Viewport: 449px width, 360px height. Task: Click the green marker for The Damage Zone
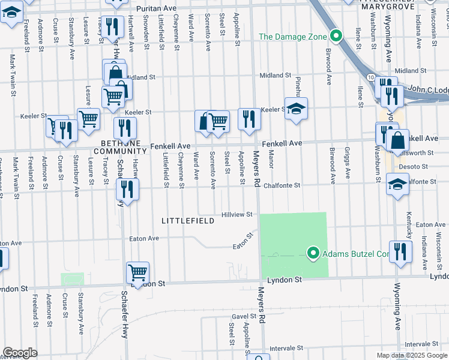pyautogui.click(x=336, y=37)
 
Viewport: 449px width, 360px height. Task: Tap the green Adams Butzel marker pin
pyautogui.click(x=312, y=254)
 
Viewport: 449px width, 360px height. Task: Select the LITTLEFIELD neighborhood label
pyautogui.click(x=187, y=221)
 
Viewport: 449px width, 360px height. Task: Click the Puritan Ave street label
pyautogui.click(x=157, y=8)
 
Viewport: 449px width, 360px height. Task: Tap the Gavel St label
pyautogui.click(x=244, y=316)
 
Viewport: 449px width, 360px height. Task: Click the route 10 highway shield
pyautogui.click(x=372, y=79)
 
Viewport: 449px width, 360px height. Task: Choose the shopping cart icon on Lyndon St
pyautogui.click(x=138, y=272)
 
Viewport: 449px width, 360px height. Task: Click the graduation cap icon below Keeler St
pyautogui.click(x=296, y=109)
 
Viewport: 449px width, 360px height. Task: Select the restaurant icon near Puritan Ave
pyautogui.click(x=112, y=26)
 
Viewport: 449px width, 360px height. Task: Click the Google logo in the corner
pyautogui.click(x=20, y=353)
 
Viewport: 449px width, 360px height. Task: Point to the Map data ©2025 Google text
pyautogui.click(x=411, y=355)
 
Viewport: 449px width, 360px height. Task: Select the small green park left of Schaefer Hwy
pyautogui.click(x=73, y=280)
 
